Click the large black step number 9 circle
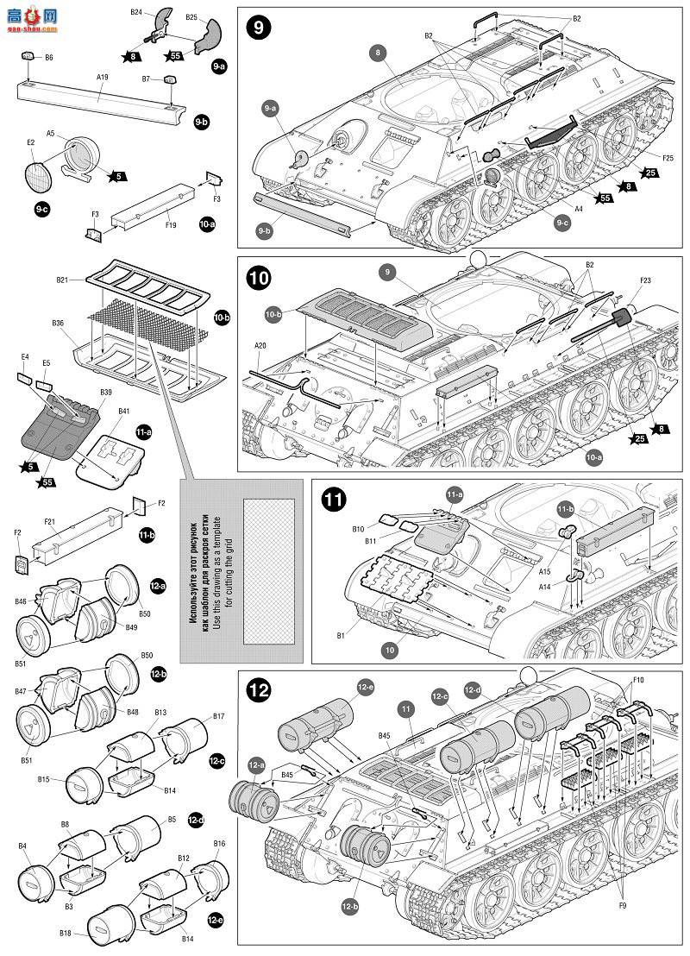click(x=257, y=26)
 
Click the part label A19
click(x=101, y=76)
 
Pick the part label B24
click(x=136, y=12)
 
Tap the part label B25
click(x=191, y=17)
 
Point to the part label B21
click(x=62, y=280)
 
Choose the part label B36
click(x=58, y=324)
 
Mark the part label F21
click(x=49, y=523)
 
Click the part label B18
click(x=66, y=934)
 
